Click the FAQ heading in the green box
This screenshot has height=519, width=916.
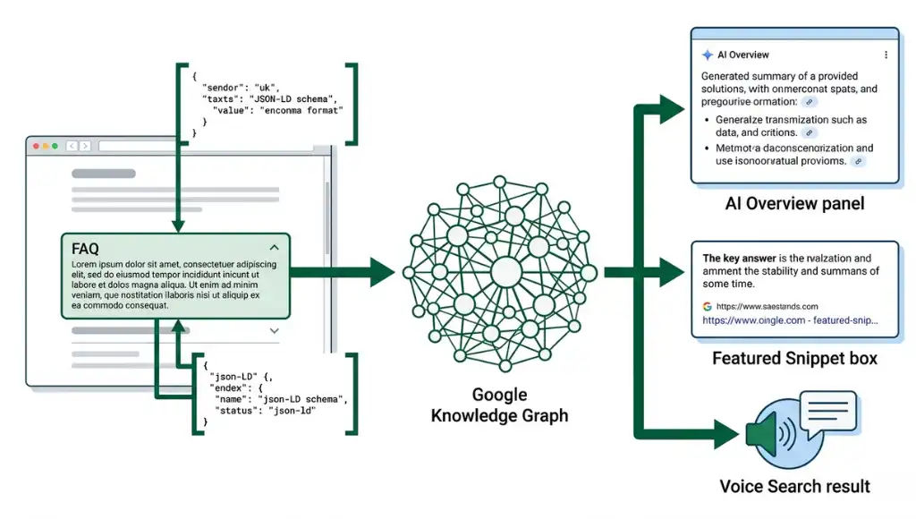(85, 249)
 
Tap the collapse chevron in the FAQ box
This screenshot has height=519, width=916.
(275, 247)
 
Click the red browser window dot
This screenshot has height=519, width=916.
(37, 146)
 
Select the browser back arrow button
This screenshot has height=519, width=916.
(71, 146)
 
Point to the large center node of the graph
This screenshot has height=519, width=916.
(505, 269)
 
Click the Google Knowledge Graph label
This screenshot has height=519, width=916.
(499, 405)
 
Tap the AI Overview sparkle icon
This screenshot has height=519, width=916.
(708, 55)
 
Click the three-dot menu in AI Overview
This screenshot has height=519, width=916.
(886, 55)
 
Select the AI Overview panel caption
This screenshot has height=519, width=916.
(794, 204)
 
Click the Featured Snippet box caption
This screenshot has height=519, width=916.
(794, 359)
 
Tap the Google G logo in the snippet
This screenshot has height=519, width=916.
(708, 306)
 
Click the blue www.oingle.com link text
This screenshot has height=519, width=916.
(790, 319)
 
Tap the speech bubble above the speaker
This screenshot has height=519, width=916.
(827, 411)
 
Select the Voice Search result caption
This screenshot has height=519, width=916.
(794, 487)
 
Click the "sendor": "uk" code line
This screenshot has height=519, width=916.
(240, 86)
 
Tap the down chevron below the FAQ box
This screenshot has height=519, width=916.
(275, 330)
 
